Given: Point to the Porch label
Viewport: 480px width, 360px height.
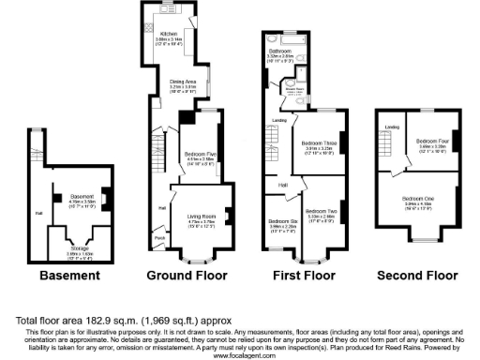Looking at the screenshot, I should point(160,238).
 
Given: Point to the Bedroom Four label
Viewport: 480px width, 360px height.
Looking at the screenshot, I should point(433,141).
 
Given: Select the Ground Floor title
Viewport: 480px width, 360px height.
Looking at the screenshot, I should point(187,277).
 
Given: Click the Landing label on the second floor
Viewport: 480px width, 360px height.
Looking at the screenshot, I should point(393,126).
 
